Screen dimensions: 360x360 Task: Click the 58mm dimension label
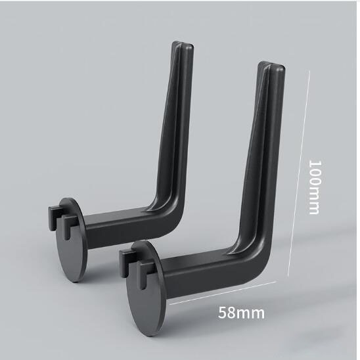click(x=241, y=313)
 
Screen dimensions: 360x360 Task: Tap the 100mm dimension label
click(x=314, y=187)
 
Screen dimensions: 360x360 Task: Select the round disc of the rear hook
click(x=72, y=240)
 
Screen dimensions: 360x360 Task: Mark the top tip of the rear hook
click(x=183, y=43)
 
